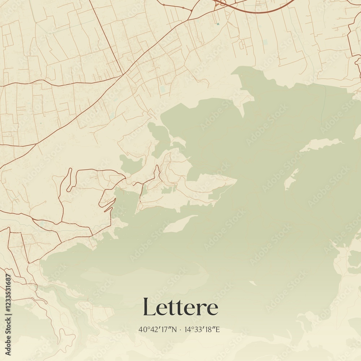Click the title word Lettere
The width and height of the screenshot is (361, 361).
point(180,307)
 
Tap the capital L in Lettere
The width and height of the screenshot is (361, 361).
point(149,306)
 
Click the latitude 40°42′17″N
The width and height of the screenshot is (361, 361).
point(158,330)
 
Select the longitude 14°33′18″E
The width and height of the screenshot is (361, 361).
point(203,330)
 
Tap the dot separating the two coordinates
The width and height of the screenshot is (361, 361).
point(180,330)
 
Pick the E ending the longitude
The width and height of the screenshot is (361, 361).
point(218,330)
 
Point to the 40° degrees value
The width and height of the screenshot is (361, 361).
point(143,330)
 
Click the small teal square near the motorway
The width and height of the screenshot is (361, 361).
point(218,24)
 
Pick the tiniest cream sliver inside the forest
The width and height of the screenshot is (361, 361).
point(253,283)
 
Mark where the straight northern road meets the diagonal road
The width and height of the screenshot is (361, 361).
point(124,74)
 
